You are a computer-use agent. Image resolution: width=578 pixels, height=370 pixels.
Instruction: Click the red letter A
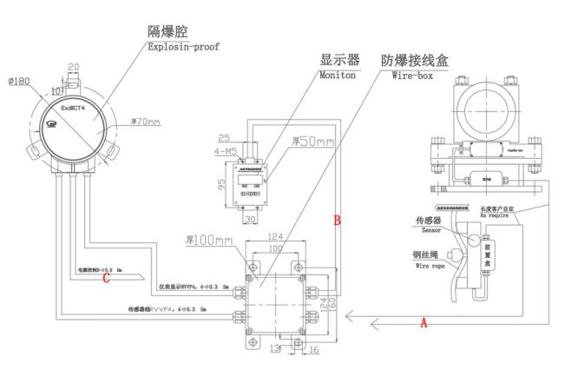[x=424, y=321]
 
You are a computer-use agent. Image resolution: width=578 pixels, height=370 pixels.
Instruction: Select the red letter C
[x=106, y=279]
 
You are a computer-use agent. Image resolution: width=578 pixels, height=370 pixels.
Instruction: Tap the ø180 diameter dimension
[x=19, y=82]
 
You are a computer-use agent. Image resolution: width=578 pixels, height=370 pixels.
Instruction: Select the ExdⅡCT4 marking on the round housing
[x=76, y=111]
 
